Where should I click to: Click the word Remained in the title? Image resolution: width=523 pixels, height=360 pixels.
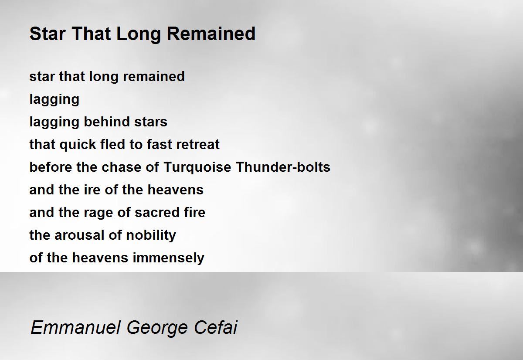211,34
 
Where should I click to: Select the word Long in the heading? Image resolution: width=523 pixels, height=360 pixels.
138,34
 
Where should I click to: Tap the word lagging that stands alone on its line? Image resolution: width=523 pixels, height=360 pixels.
54,100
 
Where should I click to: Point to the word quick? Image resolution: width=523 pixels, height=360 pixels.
78,145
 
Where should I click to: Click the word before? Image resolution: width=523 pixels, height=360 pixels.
51,167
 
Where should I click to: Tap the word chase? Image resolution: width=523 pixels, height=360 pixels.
122,167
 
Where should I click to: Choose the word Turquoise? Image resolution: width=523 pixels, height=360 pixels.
197,168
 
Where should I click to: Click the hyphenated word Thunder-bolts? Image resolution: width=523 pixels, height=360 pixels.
283,167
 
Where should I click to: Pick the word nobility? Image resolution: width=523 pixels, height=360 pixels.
151,236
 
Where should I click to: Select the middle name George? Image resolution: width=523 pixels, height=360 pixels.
157,328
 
